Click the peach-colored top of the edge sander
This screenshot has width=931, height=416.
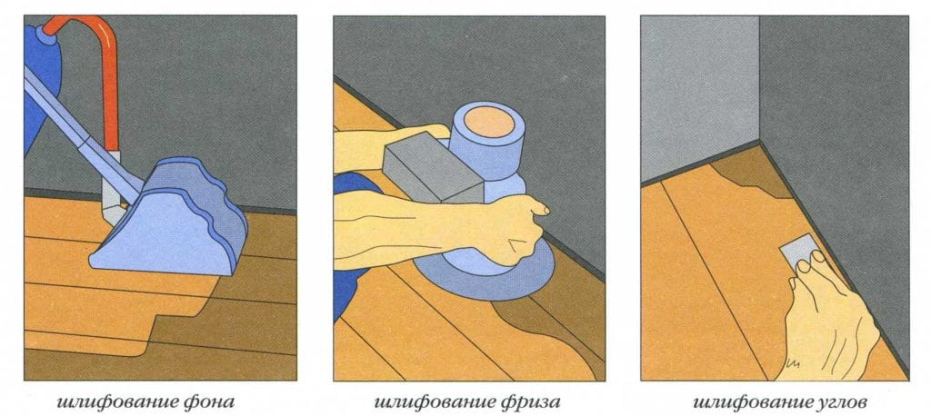tap(488, 123)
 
